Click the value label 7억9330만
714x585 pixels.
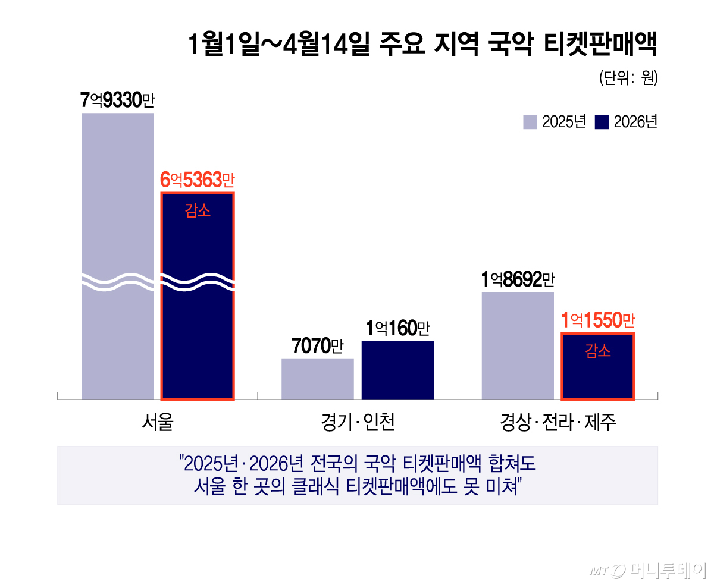click(117, 100)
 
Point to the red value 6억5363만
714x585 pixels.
click(198, 179)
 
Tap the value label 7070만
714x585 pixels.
click(317, 346)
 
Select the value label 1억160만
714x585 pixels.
click(397, 328)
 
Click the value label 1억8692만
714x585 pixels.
click(517, 279)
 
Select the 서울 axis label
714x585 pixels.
click(158, 422)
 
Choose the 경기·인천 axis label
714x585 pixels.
click(358, 422)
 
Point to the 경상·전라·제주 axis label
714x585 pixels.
click(558, 422)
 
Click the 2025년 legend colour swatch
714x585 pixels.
click(530, 122)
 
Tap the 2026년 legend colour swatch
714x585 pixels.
click(602, 122)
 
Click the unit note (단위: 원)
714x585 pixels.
click(628, 79)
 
